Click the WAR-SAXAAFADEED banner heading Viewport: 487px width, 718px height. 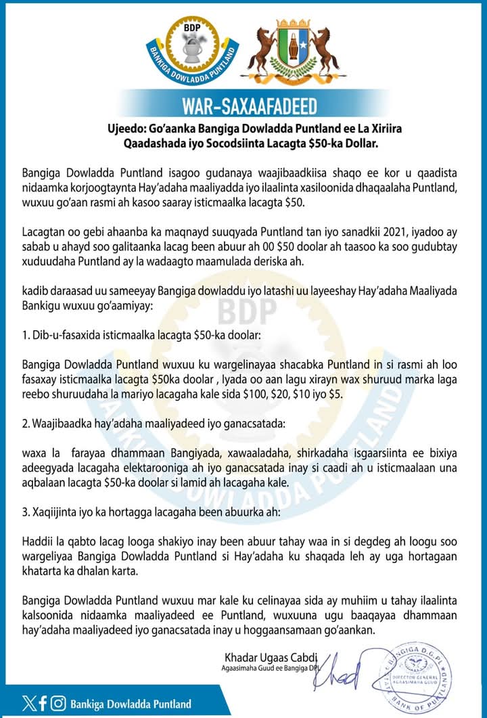pos(244,106)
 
